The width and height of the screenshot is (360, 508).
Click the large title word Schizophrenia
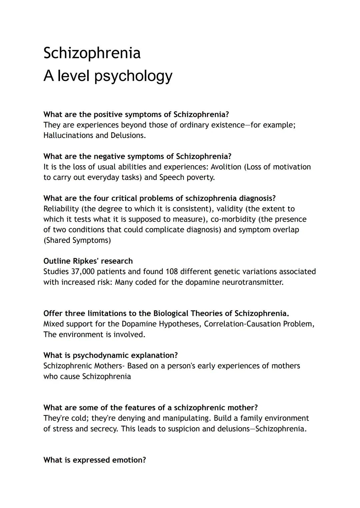coord(92,53)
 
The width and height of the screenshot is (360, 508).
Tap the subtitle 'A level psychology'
coord(108,76)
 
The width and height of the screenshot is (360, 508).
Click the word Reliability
coord(61,209)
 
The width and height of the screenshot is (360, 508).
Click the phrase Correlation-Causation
coord(242,324)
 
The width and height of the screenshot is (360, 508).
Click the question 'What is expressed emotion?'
coord(95,460)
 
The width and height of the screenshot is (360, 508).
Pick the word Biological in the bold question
coord(170,313)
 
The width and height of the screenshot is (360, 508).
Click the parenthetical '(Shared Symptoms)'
coord(77,240)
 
